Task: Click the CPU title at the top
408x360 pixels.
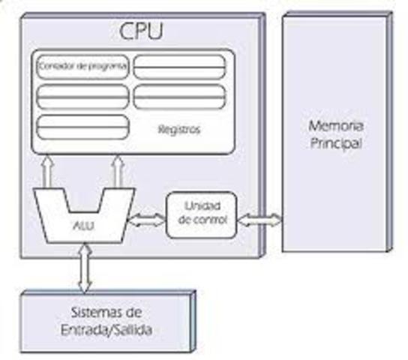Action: [142, 32]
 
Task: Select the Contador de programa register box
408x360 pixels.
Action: [83, 67]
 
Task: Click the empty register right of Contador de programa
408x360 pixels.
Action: [179, 67]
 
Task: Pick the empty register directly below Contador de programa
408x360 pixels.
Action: [82, 96]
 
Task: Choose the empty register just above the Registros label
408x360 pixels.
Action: [179, 96]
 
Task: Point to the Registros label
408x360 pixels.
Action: [179, 129]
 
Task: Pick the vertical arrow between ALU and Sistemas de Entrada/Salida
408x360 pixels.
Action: [83, 265]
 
